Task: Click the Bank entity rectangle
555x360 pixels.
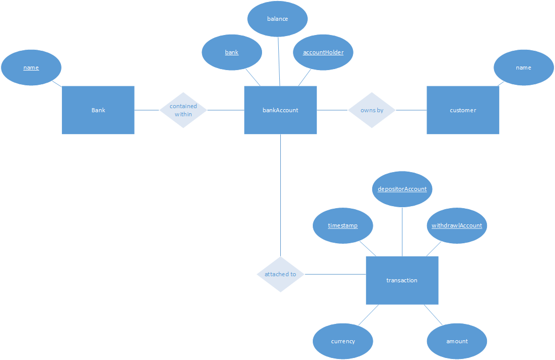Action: click(x=98, y=110)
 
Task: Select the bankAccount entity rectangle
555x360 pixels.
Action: click(x=280, y=110)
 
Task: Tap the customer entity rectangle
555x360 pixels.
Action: click(x=463, y=110)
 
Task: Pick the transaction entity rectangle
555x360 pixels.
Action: click(x=402, y=280)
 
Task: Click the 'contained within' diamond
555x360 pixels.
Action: click(x=183, y=110)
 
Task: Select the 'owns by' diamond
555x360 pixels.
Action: click(x=372, y=110)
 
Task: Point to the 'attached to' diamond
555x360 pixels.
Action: click(x=280, y=274)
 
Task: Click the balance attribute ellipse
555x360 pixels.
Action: click(x=277, y=19)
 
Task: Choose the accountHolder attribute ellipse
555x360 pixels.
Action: click(x=323, y=52)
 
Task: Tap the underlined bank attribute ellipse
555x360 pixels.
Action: click(x=232, y=52)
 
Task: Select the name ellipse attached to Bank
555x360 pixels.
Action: click(x=31, y=68)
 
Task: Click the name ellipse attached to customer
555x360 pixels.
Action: click(x=524, y=68)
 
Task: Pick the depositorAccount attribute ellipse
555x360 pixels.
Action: click(x=402, y=189)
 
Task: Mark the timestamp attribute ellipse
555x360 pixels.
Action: click(x=343, y=225)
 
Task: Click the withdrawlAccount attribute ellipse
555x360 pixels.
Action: click(x=457, y=225)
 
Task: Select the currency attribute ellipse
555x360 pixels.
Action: click(x=343, y=341)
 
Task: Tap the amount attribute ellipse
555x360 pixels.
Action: click(x=457, y=341)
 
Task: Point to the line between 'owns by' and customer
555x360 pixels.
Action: click(x=411, y=110)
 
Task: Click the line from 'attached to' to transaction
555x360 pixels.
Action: click(x=335, y=274)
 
